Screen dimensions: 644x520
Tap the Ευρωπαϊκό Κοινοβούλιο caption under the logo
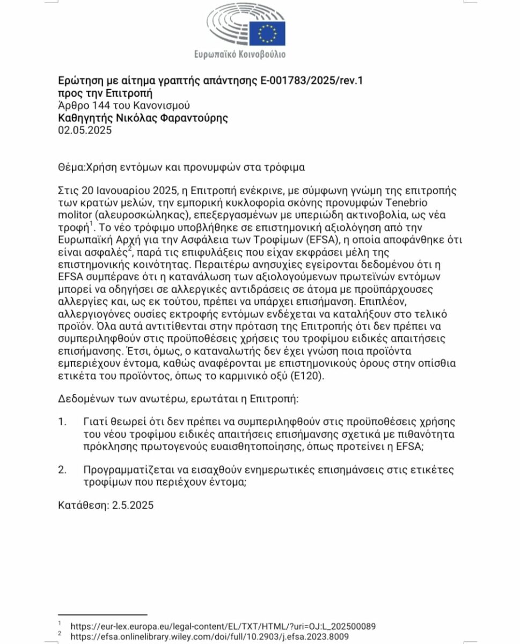(x=240, y=54)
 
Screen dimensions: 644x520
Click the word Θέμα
(x=70, y=167)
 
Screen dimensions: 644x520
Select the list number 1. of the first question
(x=62, y=422)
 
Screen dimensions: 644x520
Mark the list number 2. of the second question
(x=62, y=470)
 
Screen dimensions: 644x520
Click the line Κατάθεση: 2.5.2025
(x=105, y=505)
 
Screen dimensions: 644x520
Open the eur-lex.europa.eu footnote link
(x=223, y=626)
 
